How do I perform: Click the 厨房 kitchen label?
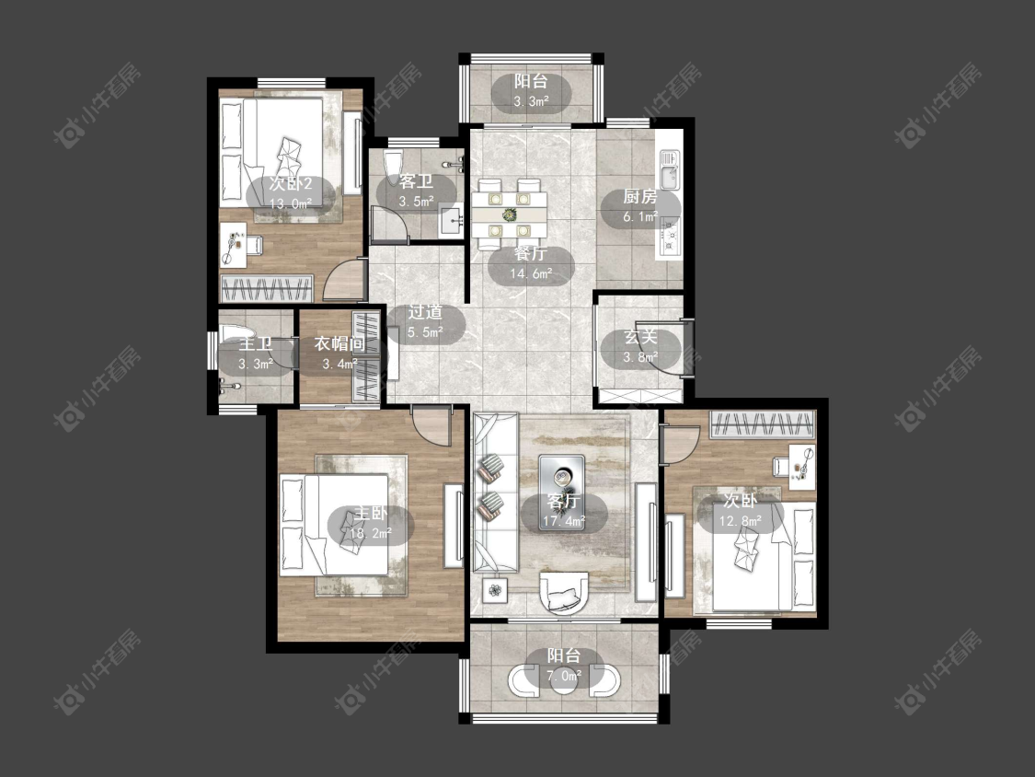coord(640,196)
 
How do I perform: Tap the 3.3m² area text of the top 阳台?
coord(532,101)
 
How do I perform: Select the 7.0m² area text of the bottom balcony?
coord(564,675)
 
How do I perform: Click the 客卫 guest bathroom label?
coord(416,181)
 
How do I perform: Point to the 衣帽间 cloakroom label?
coord(339,343)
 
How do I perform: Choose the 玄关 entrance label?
coord(640,336)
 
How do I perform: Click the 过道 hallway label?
coord(425,312)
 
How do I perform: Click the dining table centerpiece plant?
coord(509,215)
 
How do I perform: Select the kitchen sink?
coord(670,168)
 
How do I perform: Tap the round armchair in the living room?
coord(563,593)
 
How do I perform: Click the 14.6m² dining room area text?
coord(532,273)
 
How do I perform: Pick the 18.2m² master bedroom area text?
coord(371,532)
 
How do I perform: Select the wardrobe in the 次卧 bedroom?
coord(763,424)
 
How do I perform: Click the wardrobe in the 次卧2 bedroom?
coord(267,289)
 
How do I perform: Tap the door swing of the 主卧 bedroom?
coord(431,424)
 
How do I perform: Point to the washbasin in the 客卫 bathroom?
coord(452,221)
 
